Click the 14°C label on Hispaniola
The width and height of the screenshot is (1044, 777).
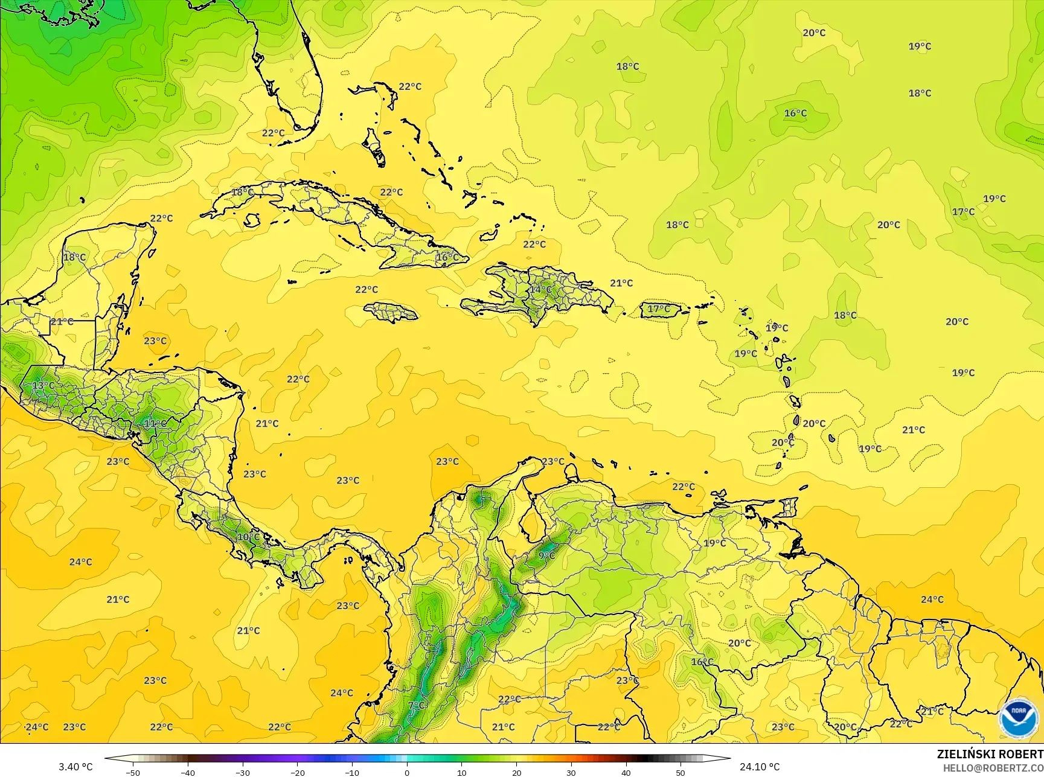pyautogui.click(x=540, y=289)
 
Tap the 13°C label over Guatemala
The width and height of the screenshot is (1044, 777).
pyautogui.click(x=43, y=385)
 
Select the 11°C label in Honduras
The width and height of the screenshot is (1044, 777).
pyautogui.click(x=155, y=423)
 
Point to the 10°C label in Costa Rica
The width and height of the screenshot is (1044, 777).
pyautogui.click(x=248, y=537)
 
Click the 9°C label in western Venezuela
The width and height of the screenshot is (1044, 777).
pyautogui.click(x=547, y=555)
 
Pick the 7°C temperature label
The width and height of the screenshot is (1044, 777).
pyautogui.click(x=417, y=705)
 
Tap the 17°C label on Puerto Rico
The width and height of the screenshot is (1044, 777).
pyautogui.click(x=659, y=309)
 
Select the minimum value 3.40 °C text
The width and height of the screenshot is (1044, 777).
pyautogui.click(x=75, y=767)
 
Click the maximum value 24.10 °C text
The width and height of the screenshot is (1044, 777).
pyautogui.click(x=760, y=767)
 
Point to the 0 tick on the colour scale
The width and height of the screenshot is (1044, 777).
pyautogui.click(x=407, y=772)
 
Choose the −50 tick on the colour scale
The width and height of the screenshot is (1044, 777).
pyautogui.click(x=133, y=772)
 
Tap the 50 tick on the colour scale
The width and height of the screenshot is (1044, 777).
pyautogui.click(x=681, y=772)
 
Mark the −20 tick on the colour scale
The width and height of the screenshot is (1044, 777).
pyautogui.click(x=298, y=772)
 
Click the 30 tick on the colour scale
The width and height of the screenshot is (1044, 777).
pyautogui.click(x=571, y=772)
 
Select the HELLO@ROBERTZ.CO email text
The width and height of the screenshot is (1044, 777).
pyautogui.click(x=993, y=767)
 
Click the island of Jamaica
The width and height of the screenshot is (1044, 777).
pyautogui.click(x=391, y=312)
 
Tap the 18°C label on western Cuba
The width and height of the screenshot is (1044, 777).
pyautogui.click(x=242, y=192)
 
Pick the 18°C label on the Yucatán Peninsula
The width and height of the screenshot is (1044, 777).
pyautogui.click(x=74, y=257)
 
